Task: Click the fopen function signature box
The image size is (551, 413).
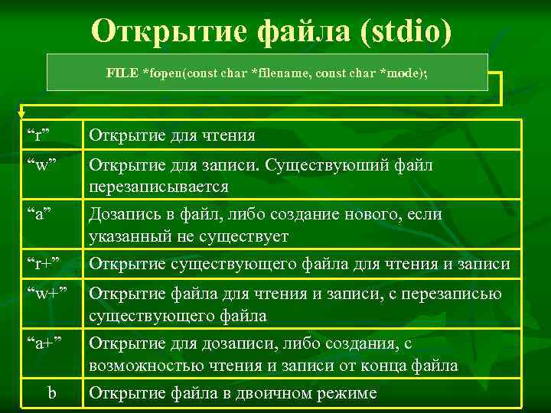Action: pos(267,73)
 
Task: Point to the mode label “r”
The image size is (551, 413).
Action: pos(38,136)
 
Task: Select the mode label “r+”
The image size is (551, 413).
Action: pos(43,265)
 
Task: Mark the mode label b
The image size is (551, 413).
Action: pos(52,393)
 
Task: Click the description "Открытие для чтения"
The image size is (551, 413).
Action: pos(172,136)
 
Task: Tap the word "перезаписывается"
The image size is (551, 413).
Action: pos(158,187)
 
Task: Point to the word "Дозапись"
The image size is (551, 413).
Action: pos(123,214)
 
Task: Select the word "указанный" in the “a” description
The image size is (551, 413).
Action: pos(128,236)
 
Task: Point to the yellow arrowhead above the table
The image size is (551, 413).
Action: pos(21,113)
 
